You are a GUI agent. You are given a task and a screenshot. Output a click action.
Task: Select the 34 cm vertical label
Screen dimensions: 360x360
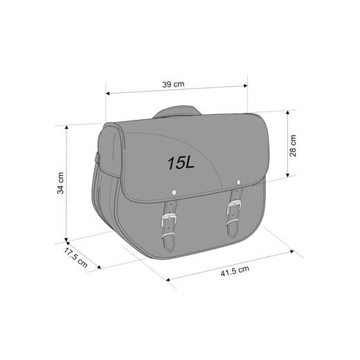tap(61, 182)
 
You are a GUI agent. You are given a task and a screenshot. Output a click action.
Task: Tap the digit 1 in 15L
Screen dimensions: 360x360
tap(170, 163)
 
